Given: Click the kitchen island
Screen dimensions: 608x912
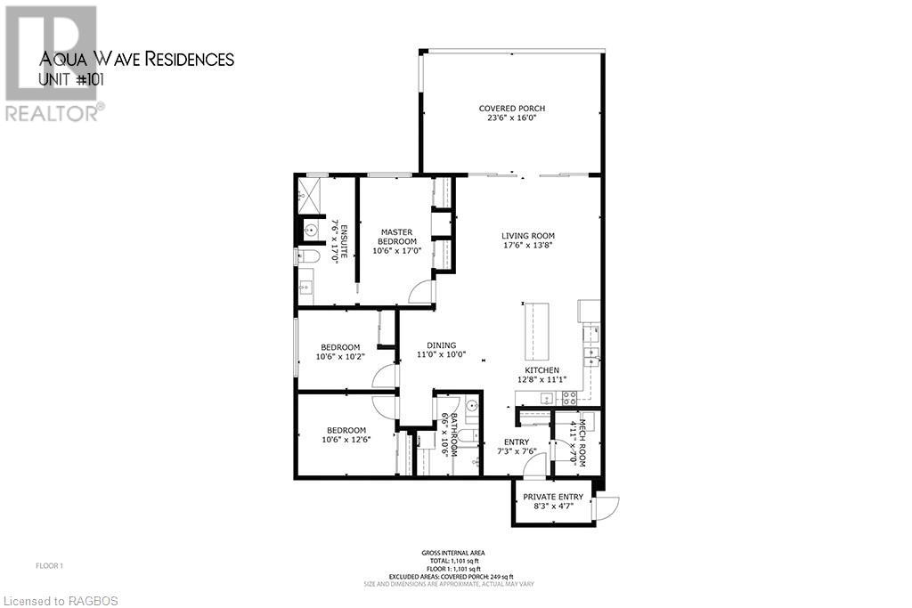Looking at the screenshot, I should pyautogui.click(x=536, y=329).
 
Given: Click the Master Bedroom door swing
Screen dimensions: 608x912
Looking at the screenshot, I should pyautogui.click(x=420, y=292).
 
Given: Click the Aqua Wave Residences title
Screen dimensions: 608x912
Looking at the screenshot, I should pyautogui.click(x=137, y=60).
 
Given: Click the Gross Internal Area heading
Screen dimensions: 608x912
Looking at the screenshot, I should pyautogui.click(x=460, y=553).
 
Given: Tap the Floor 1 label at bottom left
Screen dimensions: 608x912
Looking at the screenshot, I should pyautogui.click(x=49, y=565).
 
